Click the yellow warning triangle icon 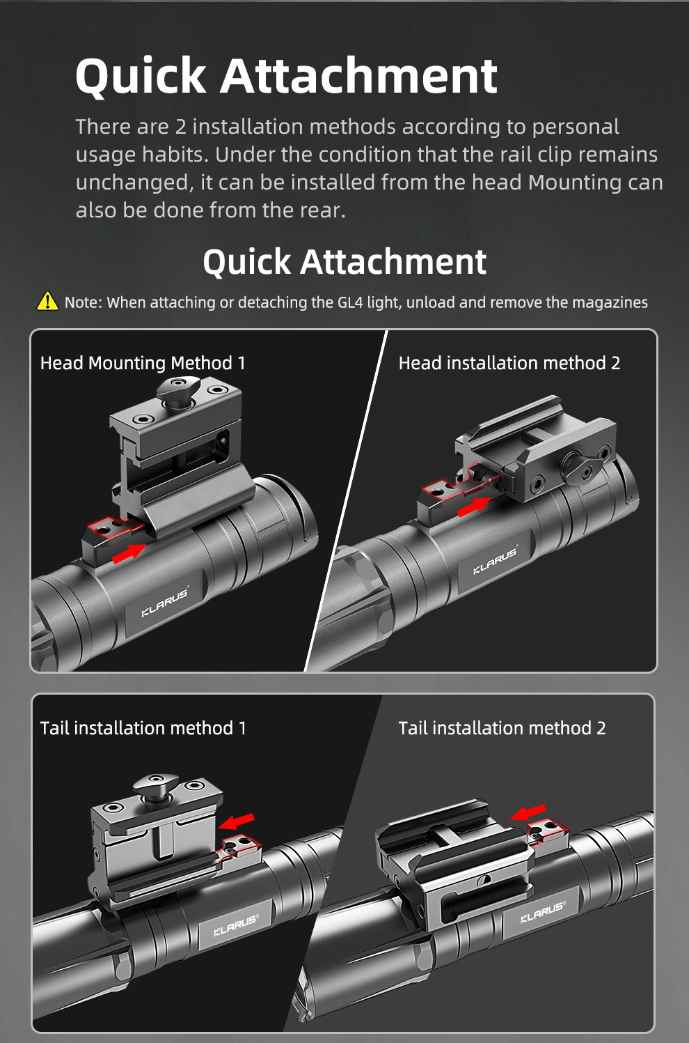click(x=47, y=301)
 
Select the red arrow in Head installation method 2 click(x=474, y=507)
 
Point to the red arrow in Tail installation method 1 click(x=237, y=821)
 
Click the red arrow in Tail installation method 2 click(x=528, y=812)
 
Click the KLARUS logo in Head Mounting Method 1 click(x=165, y=601)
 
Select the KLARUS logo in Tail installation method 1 click(x=235, y=926)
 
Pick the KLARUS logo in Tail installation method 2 click(x=543, y=912)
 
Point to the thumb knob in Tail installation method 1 click(x=156, y=788)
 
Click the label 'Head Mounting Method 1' click(x=143, y=363)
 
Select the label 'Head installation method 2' click(x=509, y=363)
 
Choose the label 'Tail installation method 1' click(x=143, y=728)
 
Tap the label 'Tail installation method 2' click(x=502, y=728)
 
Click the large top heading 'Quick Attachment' click(x=287, y=75)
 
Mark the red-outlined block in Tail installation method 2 click(x=548, y=832)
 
